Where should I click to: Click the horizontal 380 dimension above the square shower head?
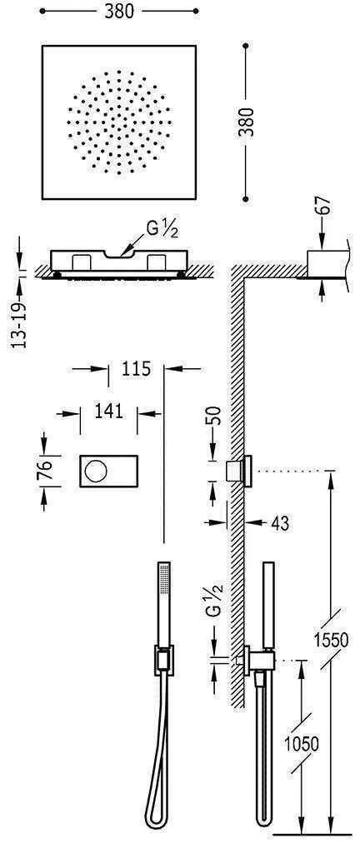click(x=120, y=13)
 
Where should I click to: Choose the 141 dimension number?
click(x=108, y=410)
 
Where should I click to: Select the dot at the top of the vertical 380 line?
click(x=246, y=47)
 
